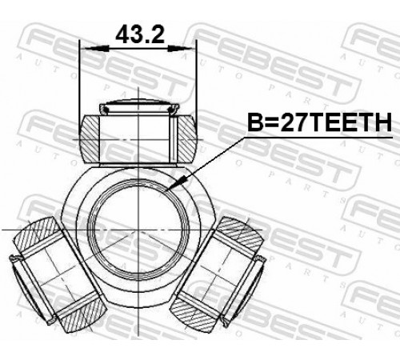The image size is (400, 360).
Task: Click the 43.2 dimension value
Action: coord(140,34)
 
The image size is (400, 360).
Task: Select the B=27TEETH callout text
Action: coord(319,122)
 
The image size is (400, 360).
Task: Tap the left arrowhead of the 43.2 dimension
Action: coord(96,49)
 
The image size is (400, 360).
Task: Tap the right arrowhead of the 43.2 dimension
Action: coord(180,49)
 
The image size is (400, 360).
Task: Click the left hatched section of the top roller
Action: coord(90,138)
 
